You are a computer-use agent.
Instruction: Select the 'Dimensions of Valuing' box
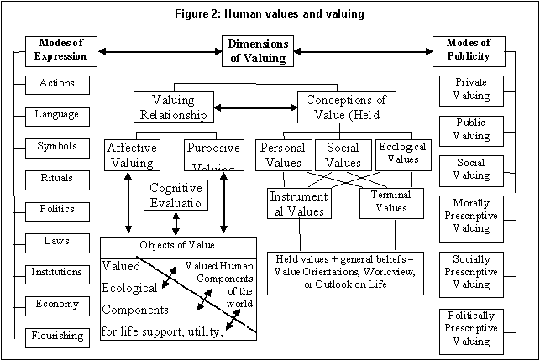tap(259, 51)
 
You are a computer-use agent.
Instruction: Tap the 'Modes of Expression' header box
tap(58, 51)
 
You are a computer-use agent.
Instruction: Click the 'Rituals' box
tap(57, 178)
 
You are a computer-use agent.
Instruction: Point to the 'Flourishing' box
tap(57, 336)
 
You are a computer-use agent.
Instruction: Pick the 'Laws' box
tap(57, 241)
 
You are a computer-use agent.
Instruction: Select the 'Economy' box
tap(57, 304)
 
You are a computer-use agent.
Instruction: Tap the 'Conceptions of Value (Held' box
tap(346, 107)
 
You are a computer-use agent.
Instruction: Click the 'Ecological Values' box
tap(403, 154)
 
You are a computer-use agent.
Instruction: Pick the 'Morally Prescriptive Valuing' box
tap(470, 217)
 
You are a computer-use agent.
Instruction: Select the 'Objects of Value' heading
tap(177, 246)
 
